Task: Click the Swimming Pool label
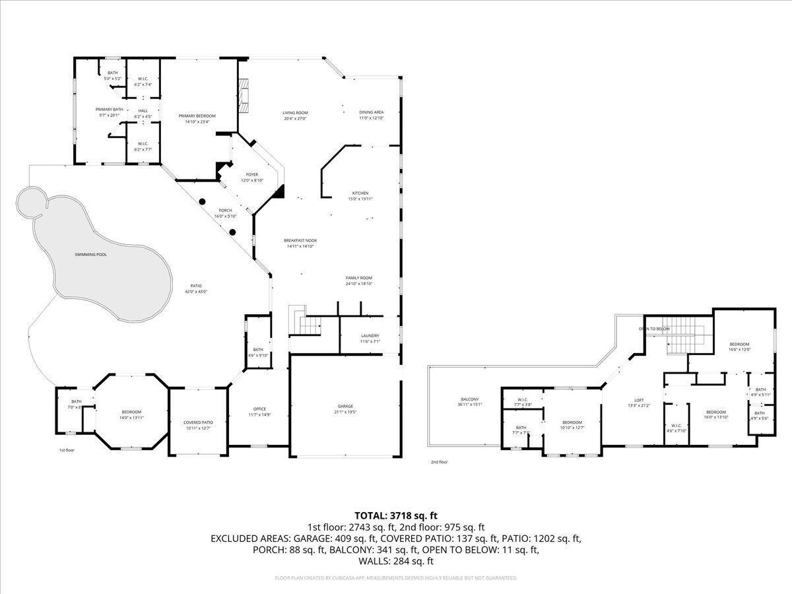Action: coord(91,254)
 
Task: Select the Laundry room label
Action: coord(369,335)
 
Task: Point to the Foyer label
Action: coord(252,174)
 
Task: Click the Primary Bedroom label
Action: coord(197,115)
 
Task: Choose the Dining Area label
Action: coord(371,112)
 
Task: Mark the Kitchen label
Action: coord(360,193)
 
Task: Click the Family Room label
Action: coord(359,278)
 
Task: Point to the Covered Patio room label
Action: coord(198,422)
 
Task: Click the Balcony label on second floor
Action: coord(469,400)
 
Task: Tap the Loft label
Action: coord(639,400)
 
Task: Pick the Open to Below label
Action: coord(653,329)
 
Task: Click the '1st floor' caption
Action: coord(67,450)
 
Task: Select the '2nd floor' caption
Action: coord(438,462)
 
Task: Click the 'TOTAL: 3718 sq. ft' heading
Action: coord(396,515)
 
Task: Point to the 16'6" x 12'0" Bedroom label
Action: coord(739,344)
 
